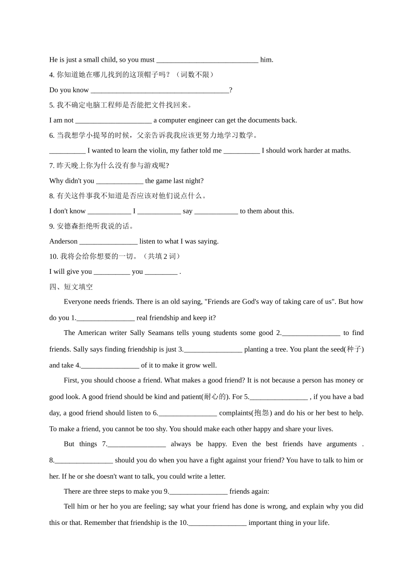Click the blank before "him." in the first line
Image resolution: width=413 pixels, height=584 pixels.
tap(207, 60)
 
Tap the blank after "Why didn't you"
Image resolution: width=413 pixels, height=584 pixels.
tap(120, 181)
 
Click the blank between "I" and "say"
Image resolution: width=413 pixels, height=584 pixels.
tap(159, 212)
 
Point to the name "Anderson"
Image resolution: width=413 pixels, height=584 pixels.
tap(63, 242)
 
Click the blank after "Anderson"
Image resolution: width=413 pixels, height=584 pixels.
tap(108, 242)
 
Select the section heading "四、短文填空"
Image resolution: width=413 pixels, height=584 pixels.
tap(71, 287)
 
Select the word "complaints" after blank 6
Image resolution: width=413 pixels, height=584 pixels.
tap(235, 413)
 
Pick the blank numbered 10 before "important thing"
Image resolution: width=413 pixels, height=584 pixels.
tap(217, 523)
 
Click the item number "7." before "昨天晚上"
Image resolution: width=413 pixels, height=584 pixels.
tap(52, 166)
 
